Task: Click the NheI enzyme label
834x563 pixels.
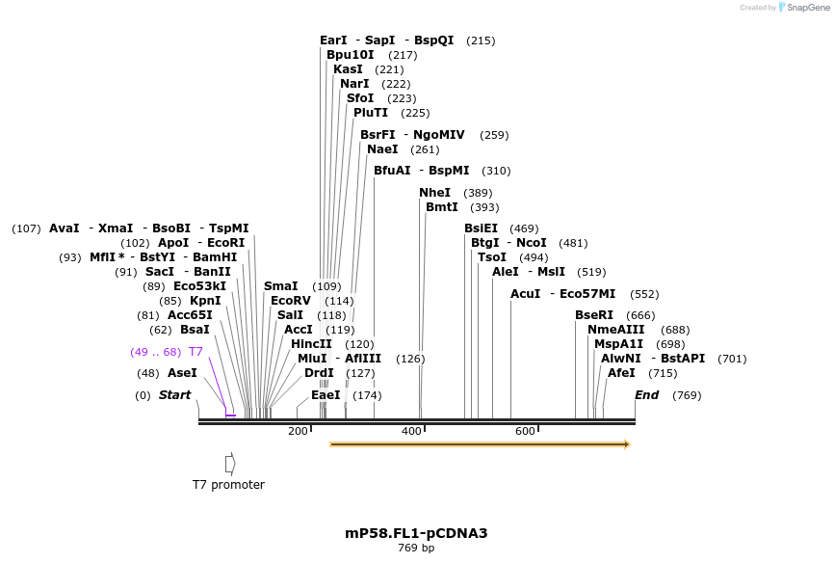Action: coord(435,193)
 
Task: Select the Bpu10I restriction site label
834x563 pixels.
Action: coord(350,55)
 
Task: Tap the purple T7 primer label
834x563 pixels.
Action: coord(195,352)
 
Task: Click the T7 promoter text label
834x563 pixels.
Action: coord(228,485)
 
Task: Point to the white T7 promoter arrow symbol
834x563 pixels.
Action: coord(230,464)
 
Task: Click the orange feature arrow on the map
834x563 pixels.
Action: coord(480,444)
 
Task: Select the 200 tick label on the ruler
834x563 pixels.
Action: coord(297,431)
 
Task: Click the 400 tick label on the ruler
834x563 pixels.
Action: coord(411,431)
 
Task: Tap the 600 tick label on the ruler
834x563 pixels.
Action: coord(525,431)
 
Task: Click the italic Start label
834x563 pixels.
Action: coord(174,395)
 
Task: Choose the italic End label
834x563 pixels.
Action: coord(647,395)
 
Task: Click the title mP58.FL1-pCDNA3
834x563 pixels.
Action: coord(409,533)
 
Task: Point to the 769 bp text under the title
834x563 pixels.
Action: coord(416,549)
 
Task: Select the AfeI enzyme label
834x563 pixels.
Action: coord(621,373)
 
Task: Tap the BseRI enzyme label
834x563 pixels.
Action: coord(594,315)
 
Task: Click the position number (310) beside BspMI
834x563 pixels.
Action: coord(496,172)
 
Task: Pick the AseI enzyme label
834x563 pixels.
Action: coord(182,373)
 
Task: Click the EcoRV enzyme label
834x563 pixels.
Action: coord(291,301)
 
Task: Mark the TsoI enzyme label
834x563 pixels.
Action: coord(492,257)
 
